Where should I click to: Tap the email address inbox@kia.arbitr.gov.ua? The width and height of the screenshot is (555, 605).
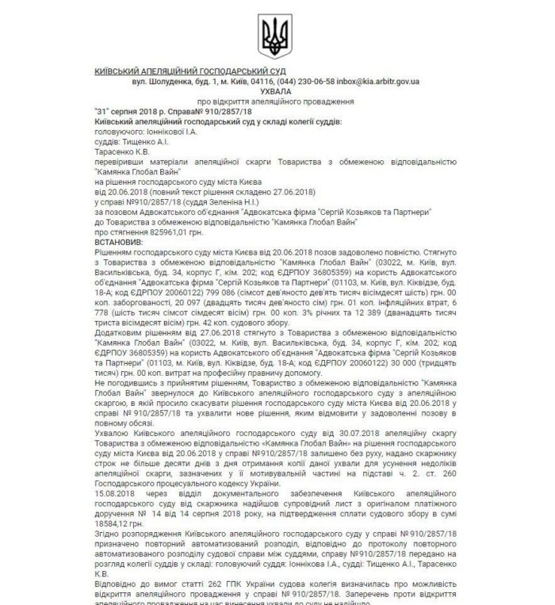[380, 82]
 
